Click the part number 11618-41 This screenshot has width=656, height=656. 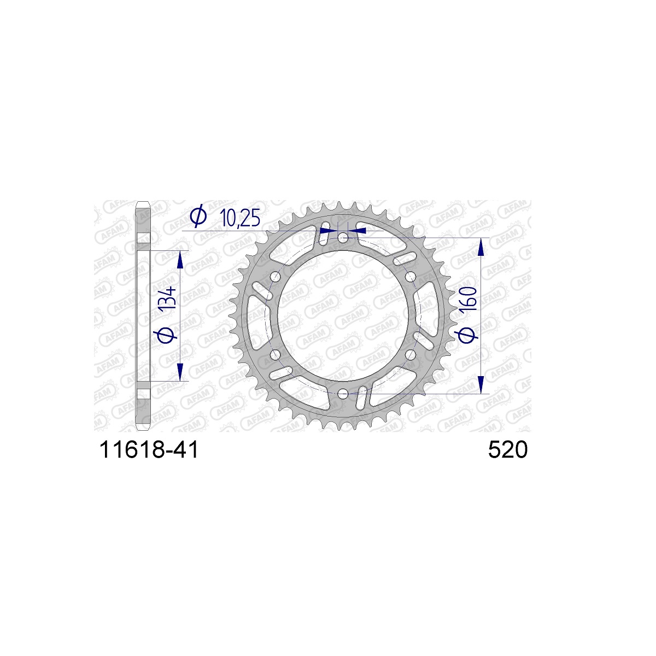click(149, 450)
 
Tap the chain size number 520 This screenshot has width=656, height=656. click(507, 450)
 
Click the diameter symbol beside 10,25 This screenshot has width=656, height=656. click(198, 216)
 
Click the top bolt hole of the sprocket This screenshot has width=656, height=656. click(343, 238)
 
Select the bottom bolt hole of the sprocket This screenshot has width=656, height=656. click(343, 394)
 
